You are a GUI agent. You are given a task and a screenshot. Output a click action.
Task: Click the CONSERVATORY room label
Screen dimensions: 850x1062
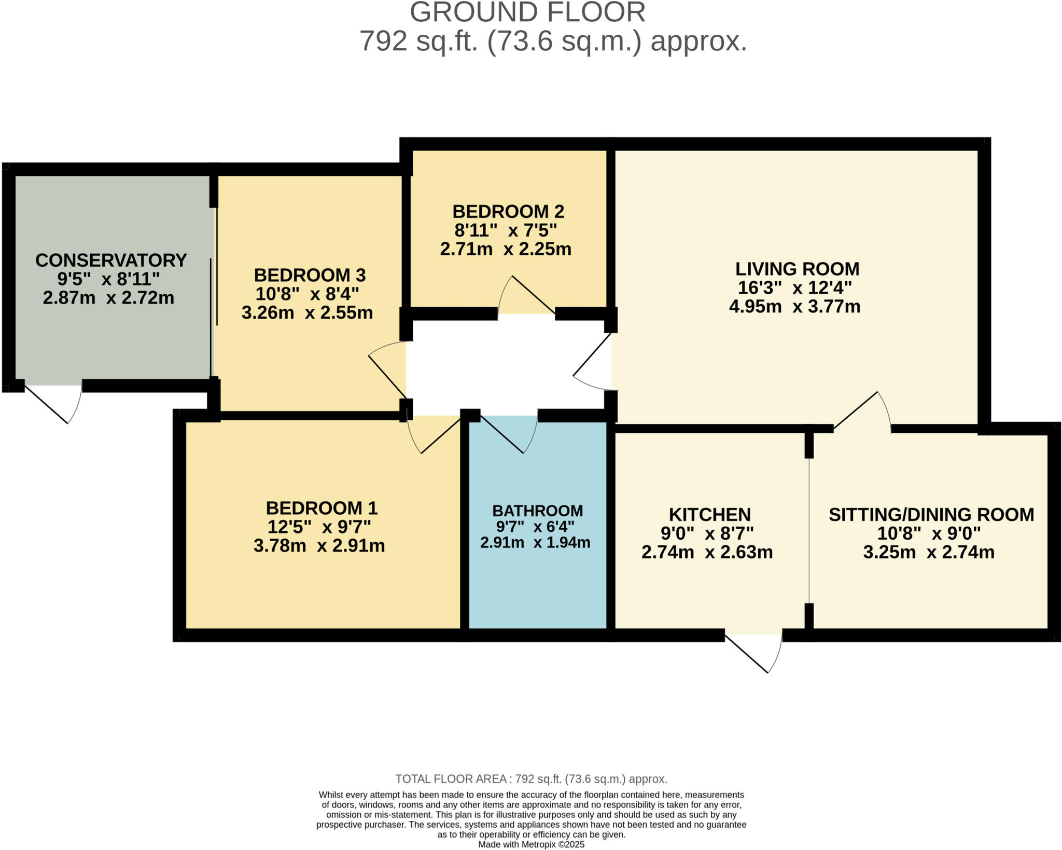111,260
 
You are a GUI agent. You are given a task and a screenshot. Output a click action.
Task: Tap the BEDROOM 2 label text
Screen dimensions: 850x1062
508,211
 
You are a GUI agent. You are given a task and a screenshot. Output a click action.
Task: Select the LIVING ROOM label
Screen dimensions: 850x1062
797,269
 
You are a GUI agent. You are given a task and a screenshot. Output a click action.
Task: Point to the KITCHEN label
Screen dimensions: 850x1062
709,514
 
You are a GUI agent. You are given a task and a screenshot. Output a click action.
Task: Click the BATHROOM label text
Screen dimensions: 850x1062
537,511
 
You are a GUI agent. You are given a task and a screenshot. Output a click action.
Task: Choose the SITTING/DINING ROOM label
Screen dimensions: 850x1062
931,514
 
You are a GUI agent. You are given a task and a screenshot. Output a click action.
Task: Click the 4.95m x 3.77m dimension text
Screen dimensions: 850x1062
794,306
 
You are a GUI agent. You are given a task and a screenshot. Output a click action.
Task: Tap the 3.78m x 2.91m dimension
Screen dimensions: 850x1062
319,546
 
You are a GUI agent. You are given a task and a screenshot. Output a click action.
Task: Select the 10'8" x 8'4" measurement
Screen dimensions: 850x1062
307,294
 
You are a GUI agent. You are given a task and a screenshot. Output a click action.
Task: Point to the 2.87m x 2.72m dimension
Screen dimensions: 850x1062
108,298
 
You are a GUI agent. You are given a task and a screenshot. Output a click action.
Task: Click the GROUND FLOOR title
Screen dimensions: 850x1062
527,12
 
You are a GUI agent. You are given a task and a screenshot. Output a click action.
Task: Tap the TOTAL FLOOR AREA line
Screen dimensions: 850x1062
531,779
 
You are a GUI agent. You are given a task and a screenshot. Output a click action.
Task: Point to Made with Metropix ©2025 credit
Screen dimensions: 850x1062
531,844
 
